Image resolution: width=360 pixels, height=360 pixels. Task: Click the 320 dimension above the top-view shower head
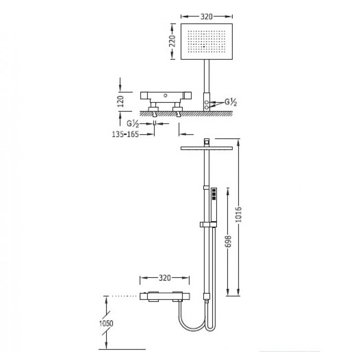click(206, 16)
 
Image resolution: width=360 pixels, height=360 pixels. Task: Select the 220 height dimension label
click(172, 41)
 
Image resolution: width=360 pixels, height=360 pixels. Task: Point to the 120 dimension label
click(120, 101)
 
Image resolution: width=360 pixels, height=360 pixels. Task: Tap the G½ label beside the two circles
click(230, 102)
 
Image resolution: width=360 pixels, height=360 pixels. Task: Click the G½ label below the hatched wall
click(133, 124)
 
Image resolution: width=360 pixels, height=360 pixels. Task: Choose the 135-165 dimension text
click(125, 134)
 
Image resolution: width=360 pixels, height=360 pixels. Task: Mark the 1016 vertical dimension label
click(239, 215)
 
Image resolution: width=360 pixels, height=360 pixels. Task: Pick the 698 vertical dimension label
click(228, 241)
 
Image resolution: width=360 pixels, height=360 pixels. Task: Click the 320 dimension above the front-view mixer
click(165, 278)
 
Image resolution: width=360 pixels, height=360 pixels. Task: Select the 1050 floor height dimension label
click(106, 324)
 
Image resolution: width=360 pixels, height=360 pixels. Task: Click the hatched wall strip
click(186, 113)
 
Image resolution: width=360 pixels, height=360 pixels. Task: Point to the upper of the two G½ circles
click(206, 102)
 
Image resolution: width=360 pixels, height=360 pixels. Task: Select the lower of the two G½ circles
click(206, 107)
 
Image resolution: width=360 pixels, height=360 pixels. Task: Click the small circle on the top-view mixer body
click(165, 96)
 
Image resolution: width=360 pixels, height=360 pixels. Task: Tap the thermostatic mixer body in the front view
click(165, 297)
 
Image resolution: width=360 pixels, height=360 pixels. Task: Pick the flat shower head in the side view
click(206, 148)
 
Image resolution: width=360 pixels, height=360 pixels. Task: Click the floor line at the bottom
click(122, 349)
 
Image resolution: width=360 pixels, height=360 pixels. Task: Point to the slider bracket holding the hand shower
click(208, 224)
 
